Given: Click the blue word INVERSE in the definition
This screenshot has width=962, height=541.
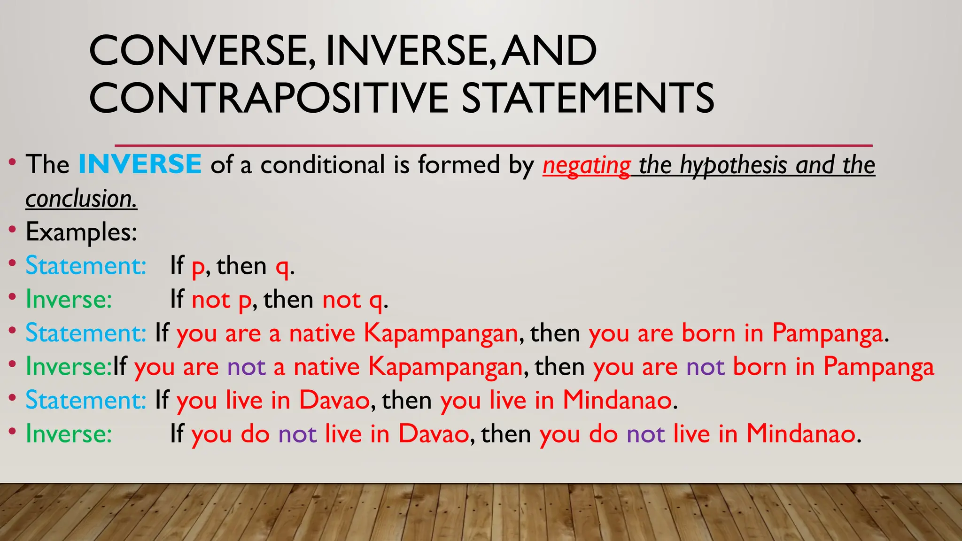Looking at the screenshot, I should (140, 164).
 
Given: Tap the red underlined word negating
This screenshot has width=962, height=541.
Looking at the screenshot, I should (586, 166).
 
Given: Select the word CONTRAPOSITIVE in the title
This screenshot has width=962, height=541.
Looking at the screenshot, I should (269, 98).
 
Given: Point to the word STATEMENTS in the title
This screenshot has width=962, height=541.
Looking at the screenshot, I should (588, 98).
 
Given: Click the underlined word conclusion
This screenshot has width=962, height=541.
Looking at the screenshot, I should (81, 199).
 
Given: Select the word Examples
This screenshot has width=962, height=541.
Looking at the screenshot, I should (81, 232).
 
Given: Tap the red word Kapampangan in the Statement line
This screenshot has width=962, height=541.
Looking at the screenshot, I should (441, 333).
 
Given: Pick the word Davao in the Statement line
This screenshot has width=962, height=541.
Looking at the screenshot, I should (334, 400).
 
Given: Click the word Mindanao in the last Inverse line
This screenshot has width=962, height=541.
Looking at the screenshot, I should (800, 433).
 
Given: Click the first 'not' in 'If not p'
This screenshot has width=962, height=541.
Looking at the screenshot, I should (211, 300).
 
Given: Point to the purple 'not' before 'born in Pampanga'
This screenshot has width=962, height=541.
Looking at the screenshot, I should (706, 367).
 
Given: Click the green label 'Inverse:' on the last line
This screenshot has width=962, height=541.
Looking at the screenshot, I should (69, 433).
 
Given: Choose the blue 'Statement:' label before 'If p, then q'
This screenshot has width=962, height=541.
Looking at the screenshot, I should (86, 266).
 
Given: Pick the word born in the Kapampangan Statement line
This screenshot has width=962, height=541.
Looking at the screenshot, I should (708, 333).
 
